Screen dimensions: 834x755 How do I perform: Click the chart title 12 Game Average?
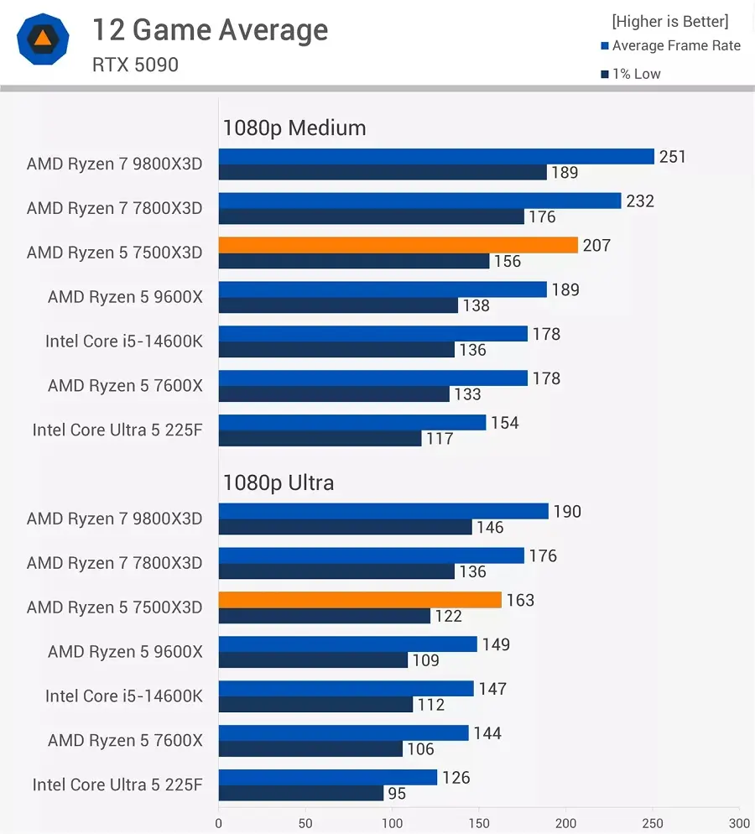pos(210,30)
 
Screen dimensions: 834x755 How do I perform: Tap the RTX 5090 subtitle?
pos(135,65)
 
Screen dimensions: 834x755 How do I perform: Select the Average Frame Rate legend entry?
pos(675,46)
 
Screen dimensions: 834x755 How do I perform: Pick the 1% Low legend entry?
pos(635,74)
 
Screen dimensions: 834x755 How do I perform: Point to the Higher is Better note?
pos(669,21)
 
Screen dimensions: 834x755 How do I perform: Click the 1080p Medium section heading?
pos(294,128)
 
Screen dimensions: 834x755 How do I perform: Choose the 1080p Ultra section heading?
pos(278,483)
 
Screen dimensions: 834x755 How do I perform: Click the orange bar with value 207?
pos(398,245)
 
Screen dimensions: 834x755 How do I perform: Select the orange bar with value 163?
pos(360,600)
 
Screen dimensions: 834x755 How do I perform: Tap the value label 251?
pos(672,157)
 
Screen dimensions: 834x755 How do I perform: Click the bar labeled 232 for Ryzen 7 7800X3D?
pos(419,201)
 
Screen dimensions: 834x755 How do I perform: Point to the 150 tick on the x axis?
pos(479,823)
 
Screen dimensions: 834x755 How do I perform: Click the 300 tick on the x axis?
pos(739,823)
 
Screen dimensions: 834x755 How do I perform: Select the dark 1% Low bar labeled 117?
pos(320,438)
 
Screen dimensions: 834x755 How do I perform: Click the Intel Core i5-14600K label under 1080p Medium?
pos(123,341)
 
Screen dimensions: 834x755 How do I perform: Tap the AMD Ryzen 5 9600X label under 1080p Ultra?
pos(125,652)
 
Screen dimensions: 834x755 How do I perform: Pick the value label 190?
pos(567,512)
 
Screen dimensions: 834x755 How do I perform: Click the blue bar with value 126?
pos(328,778)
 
